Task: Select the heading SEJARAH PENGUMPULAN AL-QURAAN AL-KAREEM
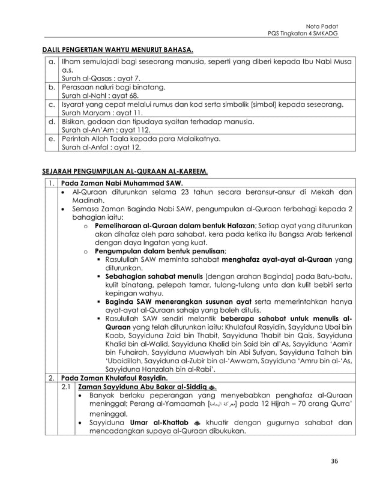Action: pos(124,171)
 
